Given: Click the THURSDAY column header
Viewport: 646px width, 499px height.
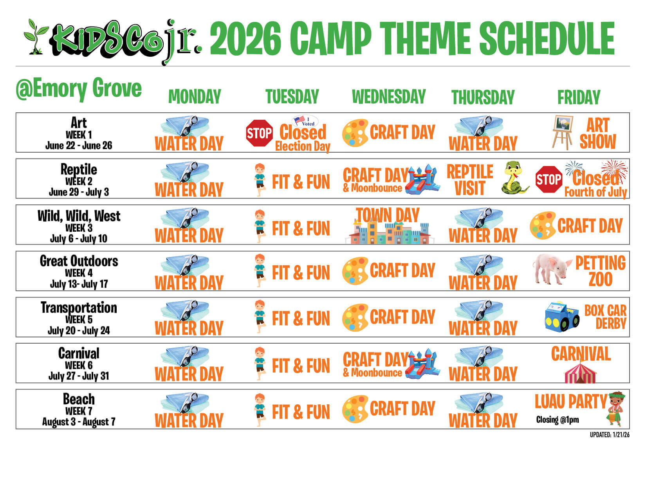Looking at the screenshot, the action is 482,97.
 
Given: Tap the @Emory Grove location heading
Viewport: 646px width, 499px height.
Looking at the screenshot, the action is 79,88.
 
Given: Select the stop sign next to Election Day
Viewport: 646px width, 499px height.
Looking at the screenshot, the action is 259,133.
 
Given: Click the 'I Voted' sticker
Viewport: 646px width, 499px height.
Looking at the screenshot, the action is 305,121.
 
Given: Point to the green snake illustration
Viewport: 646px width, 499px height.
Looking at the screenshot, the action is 514,178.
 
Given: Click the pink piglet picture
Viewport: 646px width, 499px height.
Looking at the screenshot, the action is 552,268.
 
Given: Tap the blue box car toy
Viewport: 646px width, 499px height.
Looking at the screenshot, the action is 561,317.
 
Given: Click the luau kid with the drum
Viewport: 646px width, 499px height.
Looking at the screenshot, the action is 615,409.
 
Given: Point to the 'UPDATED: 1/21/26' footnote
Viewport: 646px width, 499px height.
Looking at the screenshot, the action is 610,434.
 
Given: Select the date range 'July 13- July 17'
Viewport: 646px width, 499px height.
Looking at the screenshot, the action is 79,284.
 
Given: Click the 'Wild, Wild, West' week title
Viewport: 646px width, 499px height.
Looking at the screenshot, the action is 79,216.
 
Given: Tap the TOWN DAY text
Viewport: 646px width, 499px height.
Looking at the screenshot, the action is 388,215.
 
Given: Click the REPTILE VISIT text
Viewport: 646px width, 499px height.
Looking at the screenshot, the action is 470,180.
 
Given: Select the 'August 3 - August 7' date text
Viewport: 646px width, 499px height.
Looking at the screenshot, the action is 79,422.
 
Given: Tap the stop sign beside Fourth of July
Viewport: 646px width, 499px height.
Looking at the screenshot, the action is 549,180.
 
